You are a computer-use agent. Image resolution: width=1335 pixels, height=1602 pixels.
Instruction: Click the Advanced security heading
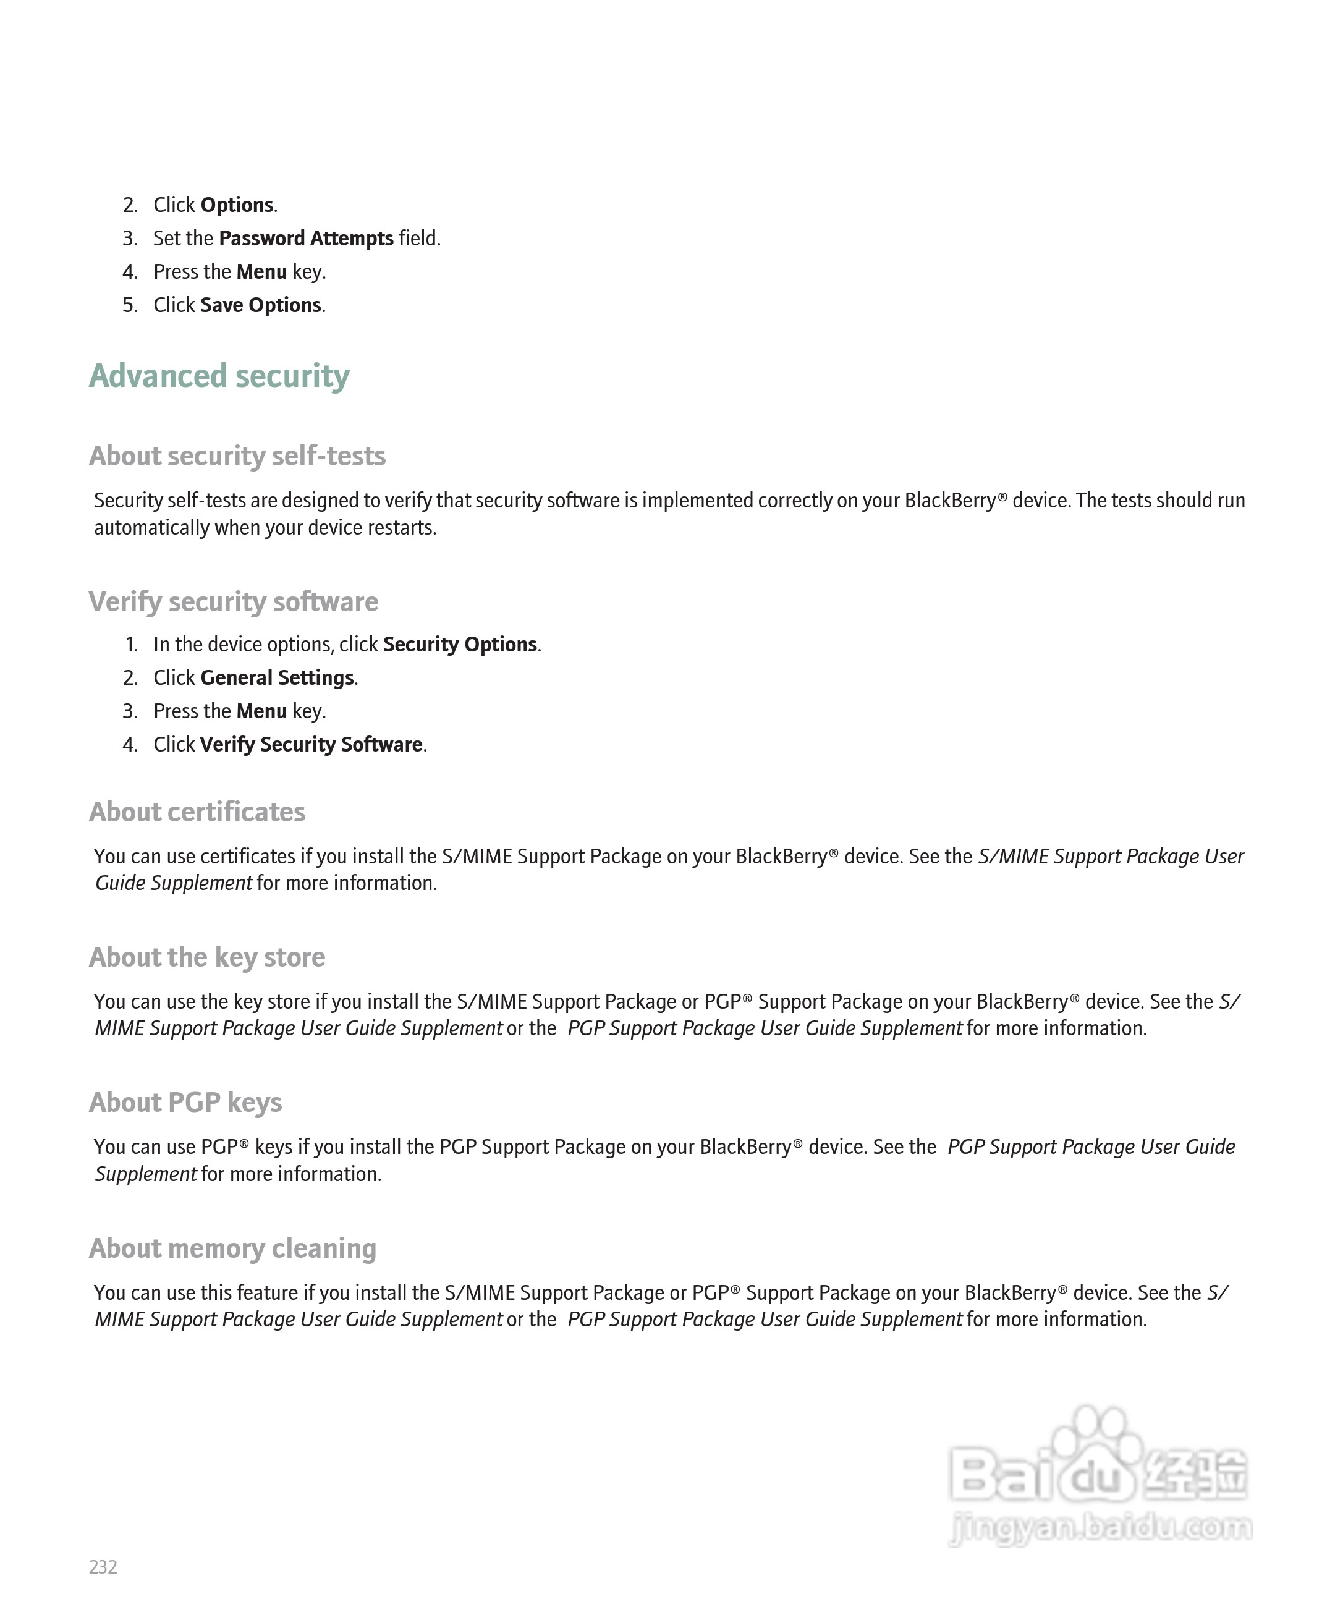coord(219,376)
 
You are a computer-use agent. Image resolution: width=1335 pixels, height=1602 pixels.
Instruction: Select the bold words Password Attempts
coord(306,239)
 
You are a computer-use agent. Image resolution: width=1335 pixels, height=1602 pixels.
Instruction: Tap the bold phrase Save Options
coord(260,305)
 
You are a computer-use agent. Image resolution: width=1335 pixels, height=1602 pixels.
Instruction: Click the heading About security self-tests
coord(237,456)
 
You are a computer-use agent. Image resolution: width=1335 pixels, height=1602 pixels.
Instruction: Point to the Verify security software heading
coord(234,602)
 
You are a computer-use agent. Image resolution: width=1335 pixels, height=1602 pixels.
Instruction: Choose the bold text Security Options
coord(460,645)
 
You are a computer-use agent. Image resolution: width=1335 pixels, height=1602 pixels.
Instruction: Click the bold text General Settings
coord(277,678)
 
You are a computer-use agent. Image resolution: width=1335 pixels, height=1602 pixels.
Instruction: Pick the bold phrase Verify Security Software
coord(311,745)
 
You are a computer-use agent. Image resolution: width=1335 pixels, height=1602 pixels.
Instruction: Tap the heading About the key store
coord(206,957)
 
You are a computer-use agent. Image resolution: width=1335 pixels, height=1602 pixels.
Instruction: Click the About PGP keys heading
coord(185,1103)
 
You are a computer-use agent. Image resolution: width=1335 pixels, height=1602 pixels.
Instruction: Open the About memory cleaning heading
coord(232,1249)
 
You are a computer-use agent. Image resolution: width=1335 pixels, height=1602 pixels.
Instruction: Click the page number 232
coord(103,1567)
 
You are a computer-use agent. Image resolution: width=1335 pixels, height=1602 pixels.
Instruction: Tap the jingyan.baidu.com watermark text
coord(1101,1527)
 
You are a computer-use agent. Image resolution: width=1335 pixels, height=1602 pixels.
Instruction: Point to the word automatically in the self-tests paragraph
coord(151,528)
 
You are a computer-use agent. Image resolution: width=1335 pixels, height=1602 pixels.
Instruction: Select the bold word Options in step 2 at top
coord(237,205)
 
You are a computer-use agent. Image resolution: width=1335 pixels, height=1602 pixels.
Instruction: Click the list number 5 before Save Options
coord(130,305)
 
